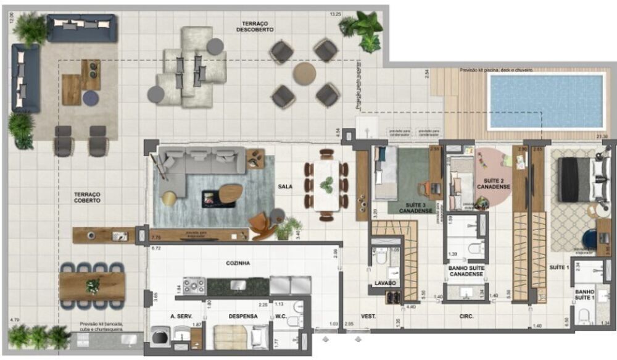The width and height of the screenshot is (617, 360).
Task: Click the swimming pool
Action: click(545, 101)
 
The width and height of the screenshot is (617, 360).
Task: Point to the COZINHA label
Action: click(238, 262)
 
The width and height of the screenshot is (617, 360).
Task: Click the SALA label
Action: click(285, 186)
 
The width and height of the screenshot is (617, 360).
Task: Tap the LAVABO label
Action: click(385, 283)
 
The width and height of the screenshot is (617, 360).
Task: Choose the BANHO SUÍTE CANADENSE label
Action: click(465, 271)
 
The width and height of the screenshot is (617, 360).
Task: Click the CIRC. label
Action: click(466, 316)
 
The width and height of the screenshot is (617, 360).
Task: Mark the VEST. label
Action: click(369, 317)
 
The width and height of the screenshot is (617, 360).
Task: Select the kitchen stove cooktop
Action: click(194, 286)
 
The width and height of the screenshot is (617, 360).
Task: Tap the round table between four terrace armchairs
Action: click(304, 73)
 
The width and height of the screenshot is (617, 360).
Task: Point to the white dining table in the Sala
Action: click(326, 185)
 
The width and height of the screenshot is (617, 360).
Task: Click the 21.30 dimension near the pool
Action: click(602, 136)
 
